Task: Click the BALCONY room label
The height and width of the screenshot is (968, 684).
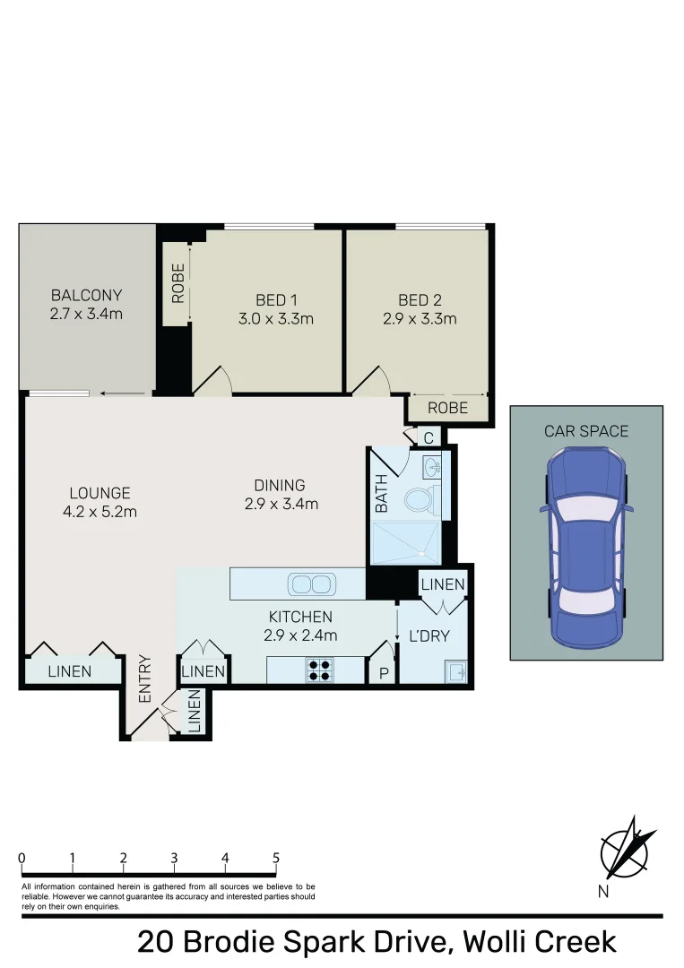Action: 86,295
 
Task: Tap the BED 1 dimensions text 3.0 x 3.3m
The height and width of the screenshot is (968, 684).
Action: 276,319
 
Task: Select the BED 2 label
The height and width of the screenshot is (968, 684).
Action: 420,300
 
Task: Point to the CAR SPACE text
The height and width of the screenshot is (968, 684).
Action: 586,431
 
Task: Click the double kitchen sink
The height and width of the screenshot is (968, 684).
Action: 309,584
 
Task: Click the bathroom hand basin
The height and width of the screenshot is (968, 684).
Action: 433,468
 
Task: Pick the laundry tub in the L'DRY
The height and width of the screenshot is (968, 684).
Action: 455,670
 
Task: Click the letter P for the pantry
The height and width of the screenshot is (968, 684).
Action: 383,672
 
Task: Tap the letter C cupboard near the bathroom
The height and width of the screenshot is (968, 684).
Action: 429,438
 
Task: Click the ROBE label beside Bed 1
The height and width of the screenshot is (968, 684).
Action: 177,282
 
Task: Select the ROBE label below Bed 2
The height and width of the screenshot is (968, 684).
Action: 447,408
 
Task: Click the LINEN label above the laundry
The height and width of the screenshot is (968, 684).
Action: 443,584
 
